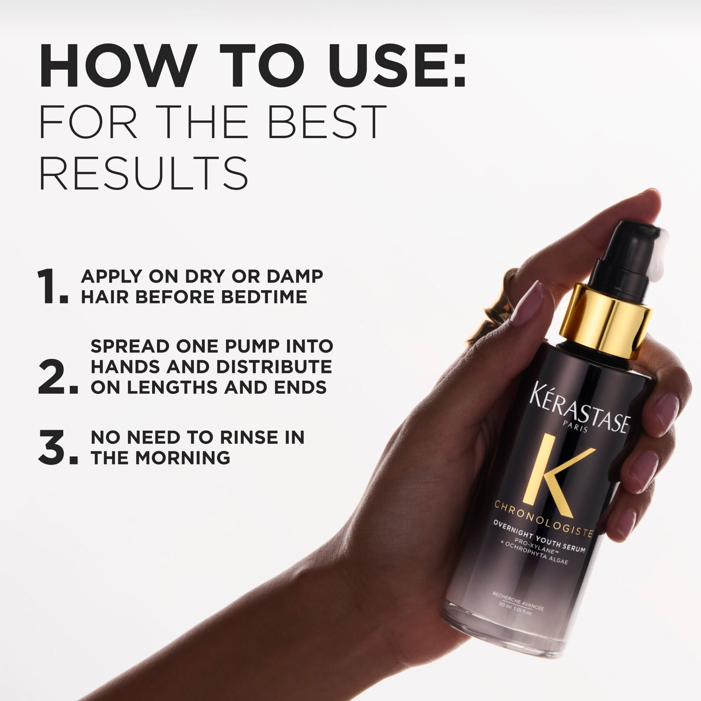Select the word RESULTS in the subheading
144,173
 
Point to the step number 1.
52,286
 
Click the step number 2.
57,377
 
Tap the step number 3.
57,448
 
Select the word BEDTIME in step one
264,297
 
